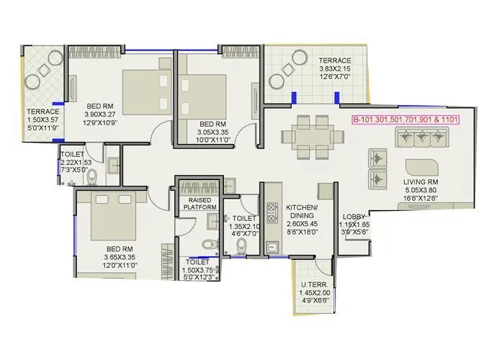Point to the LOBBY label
click(354, 216)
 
